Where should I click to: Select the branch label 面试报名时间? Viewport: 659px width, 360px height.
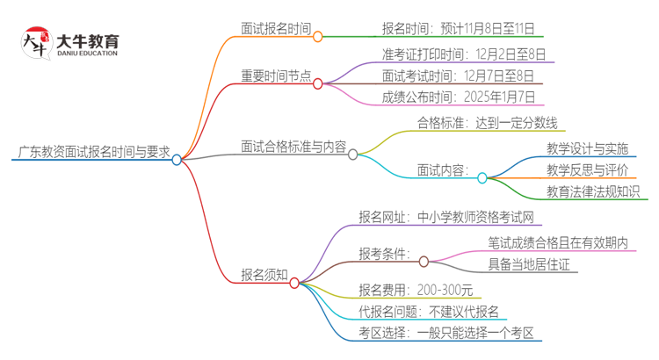(276, 28)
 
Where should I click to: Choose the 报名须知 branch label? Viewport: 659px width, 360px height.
(264, 275)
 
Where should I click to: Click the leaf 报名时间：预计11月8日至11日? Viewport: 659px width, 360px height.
(457, 28)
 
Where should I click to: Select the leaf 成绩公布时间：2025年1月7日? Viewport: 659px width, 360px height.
(457, 97)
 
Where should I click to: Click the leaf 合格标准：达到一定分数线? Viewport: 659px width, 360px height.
(486, 124)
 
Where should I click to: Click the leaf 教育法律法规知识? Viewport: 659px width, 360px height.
(593, 191)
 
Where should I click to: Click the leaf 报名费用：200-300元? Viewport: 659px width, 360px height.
(416, 288)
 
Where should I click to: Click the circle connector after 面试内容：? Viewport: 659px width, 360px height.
(482, 177)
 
